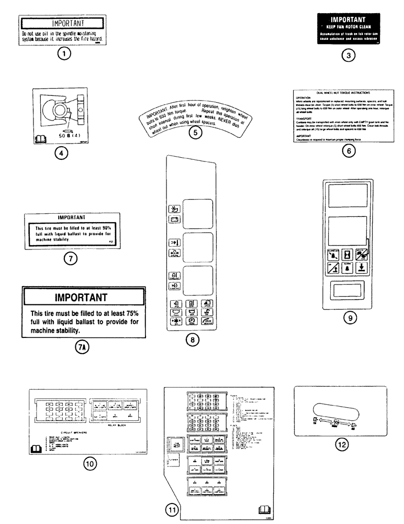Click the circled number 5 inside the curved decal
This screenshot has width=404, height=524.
(195, 133)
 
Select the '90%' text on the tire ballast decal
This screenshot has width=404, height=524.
(108, 228)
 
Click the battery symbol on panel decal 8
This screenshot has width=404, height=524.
(173, 220)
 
